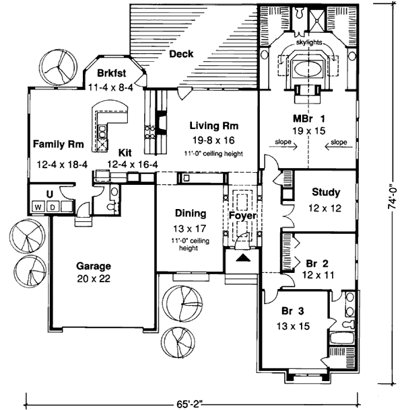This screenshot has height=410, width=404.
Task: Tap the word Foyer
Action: point(240,216)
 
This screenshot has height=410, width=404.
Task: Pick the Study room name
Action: point(325,193)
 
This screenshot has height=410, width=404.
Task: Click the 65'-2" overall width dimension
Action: point(191,404)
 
